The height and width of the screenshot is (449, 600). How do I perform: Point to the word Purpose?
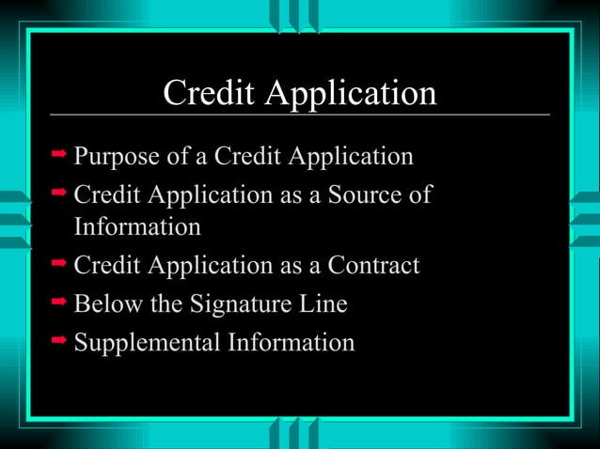(117, 157)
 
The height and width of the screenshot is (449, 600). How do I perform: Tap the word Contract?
(372, 266)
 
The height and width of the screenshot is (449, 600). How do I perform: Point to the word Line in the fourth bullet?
(325, 304)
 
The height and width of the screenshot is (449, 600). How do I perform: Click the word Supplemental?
(148, 344)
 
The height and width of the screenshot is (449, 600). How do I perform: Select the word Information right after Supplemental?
(292, 343)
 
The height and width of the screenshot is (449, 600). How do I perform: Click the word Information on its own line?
(137, 227)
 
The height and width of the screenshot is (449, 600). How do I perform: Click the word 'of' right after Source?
(419, 195)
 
